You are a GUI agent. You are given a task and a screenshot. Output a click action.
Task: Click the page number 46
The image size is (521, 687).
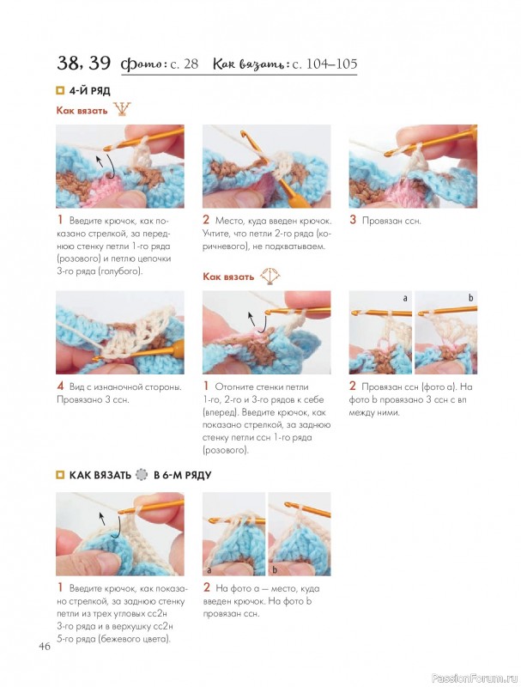click(x=45, y=647)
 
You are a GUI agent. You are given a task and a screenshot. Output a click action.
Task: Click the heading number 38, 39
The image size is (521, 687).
click(x=83, y=63)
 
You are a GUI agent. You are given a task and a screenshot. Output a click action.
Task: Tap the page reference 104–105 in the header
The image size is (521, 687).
click(x=331, y=64)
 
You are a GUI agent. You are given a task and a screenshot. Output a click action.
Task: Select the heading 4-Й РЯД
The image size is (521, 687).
click(x=90, y=91)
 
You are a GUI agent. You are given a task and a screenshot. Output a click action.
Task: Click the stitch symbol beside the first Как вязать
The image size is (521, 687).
click(x=122, y=109)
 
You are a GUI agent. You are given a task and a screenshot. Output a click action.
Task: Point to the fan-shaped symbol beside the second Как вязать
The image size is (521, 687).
click(x=270, y=276)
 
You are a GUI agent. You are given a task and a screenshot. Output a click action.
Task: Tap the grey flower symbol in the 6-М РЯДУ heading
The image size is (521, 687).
click(x=142, y=475)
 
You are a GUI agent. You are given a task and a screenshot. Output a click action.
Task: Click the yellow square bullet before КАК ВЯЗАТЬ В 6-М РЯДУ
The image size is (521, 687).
click(x=60, y=476)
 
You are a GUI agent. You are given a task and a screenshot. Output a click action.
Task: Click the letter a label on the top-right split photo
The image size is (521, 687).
click(x=405, y=298)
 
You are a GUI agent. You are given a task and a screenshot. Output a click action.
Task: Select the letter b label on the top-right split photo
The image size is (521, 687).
click(x=471, y=298)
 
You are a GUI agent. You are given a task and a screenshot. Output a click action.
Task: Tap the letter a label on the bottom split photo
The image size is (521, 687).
click(x=209, y=570)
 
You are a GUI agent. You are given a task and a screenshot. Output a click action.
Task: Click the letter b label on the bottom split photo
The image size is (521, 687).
click(x=275, y=569)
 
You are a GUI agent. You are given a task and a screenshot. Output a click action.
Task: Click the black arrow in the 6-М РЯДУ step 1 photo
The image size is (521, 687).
click(x=111, y=525)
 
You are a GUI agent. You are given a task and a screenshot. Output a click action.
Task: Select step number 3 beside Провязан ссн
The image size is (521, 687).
click(x=353, y=220)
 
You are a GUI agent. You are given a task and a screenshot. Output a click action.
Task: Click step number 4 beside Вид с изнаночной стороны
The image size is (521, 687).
click(x=60, y=386)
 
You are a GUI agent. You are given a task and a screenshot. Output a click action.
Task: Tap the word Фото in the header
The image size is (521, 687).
click(x=142, y=64)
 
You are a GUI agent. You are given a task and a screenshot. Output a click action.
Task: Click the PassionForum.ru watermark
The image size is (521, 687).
click(x=475, y=678)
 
